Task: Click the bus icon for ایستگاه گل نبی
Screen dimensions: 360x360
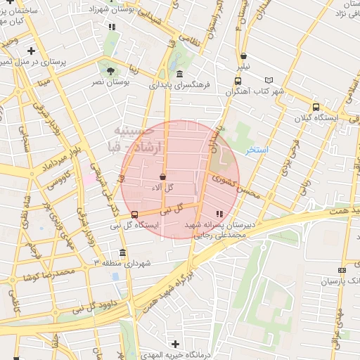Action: coord(134,214)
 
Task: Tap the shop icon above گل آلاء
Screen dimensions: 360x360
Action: coord(163,177)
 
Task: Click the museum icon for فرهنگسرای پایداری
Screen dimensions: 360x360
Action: coord(180,74)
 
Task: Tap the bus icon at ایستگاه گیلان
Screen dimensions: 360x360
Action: coord(316,108)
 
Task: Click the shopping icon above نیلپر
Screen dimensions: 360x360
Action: coord(243,56)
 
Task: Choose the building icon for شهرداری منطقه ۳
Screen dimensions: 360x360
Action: coord(123,252)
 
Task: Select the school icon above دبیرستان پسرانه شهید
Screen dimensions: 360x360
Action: coord(219,213)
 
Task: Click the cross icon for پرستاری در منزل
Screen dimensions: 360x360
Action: coord(31,51)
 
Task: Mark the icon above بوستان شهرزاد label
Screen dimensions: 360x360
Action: coord(111,27)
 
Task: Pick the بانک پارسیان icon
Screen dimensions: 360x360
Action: coord(342,270)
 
